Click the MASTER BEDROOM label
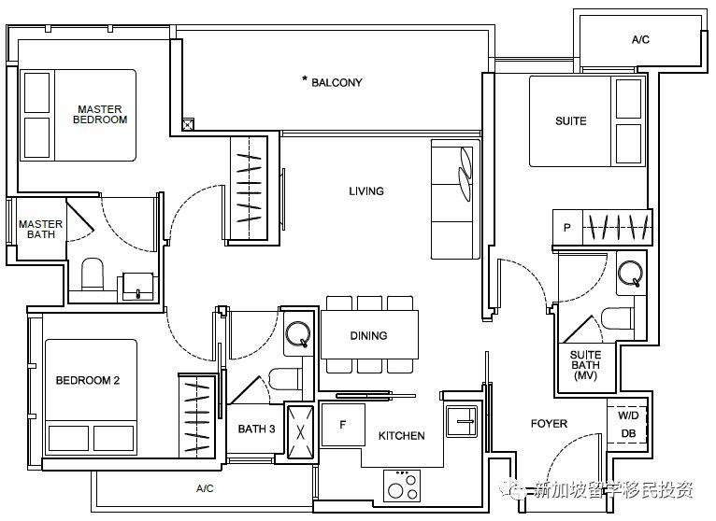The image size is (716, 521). [100, 115]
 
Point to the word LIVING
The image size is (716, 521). [366, 191]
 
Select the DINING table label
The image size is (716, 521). [368, 336]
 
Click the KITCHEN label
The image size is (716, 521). [401, 436]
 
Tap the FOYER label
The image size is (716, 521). [549, 424]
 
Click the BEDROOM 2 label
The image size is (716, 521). [88, 380]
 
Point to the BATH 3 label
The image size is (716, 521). [257, 429]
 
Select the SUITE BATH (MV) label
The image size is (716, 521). [585, 365]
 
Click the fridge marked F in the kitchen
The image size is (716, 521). [343, 425]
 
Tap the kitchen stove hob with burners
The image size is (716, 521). [401, 486]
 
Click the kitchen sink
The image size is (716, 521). [462, 421]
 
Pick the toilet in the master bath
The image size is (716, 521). [93, 275]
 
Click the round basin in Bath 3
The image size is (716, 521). [298, 334]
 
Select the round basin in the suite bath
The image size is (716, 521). [630, 273]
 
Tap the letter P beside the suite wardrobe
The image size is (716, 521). [567, 227]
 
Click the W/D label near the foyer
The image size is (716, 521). [628, 415]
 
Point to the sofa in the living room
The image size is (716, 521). [455, 200]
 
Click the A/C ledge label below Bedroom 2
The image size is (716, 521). [205, 488]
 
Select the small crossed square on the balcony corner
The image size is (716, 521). [188, 124]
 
